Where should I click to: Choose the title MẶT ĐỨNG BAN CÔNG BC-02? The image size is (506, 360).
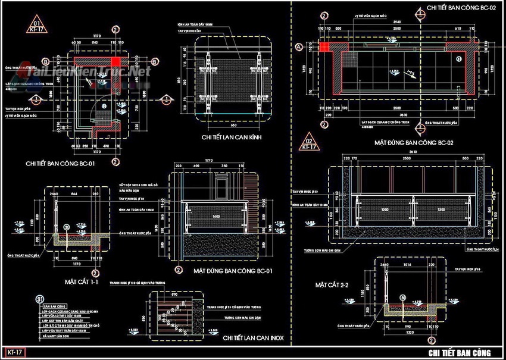414,143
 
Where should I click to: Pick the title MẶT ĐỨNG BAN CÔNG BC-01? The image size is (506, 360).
233,271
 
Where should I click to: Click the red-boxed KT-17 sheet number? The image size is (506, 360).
13,353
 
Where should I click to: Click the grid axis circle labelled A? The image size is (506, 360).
298,46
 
